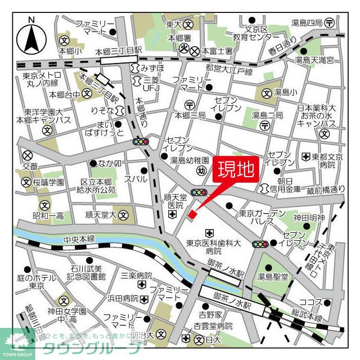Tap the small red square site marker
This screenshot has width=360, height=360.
click(x=191, y=214)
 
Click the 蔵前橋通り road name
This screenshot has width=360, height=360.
click(x=325, y=190)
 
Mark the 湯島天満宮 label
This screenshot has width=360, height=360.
click(x=315, y=59)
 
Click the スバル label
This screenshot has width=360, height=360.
click(x=136, y=179)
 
